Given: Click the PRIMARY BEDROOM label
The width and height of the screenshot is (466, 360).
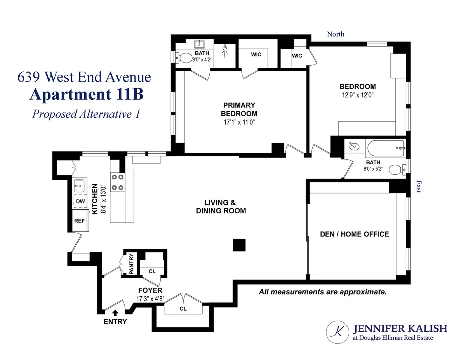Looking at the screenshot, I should [239, 109].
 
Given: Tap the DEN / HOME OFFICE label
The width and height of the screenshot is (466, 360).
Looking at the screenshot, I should [354, 234].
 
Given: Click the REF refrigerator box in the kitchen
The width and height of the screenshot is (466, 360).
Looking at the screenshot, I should [79, 220].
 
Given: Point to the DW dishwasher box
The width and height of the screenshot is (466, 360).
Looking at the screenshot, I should [80, 201].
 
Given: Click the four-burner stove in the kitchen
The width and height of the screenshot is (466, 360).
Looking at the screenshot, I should [118, 182].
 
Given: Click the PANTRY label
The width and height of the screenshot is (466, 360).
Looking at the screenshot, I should [131, 264].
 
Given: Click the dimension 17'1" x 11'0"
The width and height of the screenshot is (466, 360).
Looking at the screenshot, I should [239, 122].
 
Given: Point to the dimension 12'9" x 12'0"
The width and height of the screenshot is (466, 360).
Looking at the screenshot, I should [358, 94].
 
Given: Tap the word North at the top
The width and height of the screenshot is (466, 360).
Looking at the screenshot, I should [336, 34].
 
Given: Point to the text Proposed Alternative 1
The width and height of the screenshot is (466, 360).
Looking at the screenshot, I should [86, 114].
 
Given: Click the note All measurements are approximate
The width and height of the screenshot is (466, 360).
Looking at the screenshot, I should [323, 292].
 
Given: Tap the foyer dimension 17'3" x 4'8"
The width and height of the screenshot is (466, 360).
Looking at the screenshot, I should [150, 299].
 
